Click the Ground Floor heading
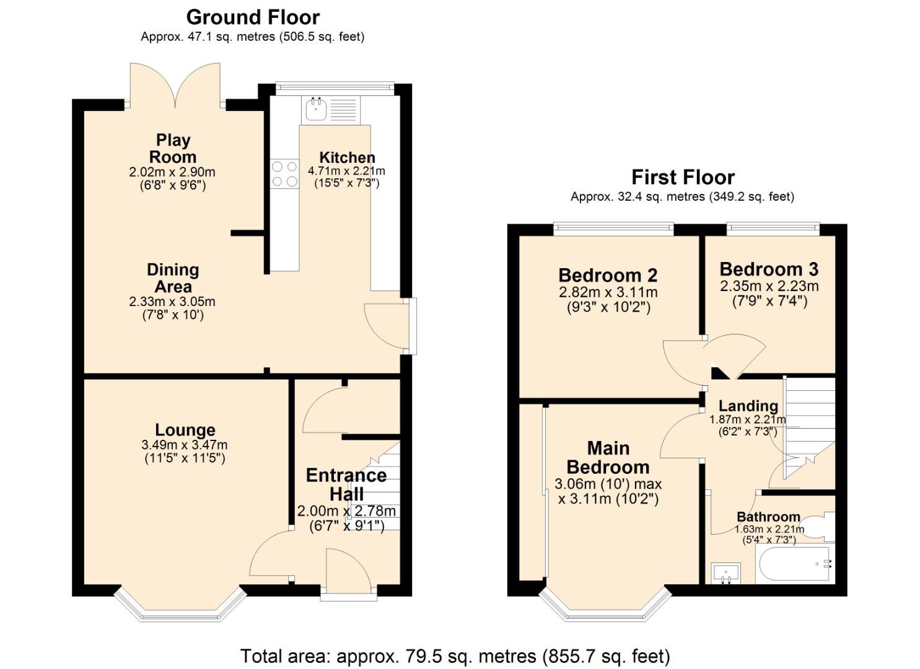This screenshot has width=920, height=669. (x=253, y=17)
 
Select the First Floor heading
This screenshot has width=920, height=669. (x=683, y=177)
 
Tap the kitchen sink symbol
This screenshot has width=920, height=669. (x=316, y=110)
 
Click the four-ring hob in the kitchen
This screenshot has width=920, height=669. (x=284, y=173)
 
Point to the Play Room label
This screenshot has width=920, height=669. (x=173, y=149)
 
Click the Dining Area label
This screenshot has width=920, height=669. (x=173, y=278)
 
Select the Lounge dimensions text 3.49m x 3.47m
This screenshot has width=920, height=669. (x=185, y=445)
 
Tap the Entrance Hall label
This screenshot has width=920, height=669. (x=346, y=484)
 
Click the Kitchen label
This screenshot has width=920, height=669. (x=347, y=157)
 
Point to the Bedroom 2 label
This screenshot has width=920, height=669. (x=608, y=275)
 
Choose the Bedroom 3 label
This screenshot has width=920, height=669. (x=769, y=269)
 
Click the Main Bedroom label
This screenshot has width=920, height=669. (x=608, y=457)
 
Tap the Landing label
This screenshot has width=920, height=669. (x=748, y=406)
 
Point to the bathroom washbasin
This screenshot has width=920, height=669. (x=725, y=572)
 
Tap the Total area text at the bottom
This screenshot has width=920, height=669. (x=455, y=656)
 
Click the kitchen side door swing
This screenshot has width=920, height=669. (x=384, y=325)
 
